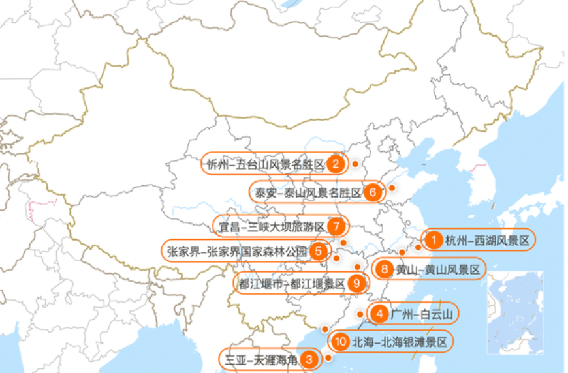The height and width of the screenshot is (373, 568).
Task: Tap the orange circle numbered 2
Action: click(x=336, y=163)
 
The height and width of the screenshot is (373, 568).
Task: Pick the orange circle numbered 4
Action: click(x=379, y=314)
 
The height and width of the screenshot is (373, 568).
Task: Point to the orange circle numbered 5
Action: click(x=319, y=250)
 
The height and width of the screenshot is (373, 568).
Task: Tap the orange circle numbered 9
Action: click(x=356, y=283)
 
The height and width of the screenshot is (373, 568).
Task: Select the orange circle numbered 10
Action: click(x=339, y=341)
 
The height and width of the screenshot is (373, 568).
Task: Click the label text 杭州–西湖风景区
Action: click(x=487, y=241)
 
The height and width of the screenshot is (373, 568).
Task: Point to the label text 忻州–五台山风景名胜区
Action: click(x=265, y=164)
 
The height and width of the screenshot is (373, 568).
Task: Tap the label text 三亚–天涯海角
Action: click(x=261, y=359)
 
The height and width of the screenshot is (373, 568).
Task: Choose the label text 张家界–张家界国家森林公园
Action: click(x=236, y=251)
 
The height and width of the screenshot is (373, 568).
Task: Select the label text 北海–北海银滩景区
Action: click(x=400, y=342)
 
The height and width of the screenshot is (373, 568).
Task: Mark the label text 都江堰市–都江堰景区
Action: click(x=291, y=284)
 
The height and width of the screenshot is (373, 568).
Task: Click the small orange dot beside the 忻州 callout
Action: click(x=355, y=164)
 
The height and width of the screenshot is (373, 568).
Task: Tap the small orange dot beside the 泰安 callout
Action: click(x=392, y=188)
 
